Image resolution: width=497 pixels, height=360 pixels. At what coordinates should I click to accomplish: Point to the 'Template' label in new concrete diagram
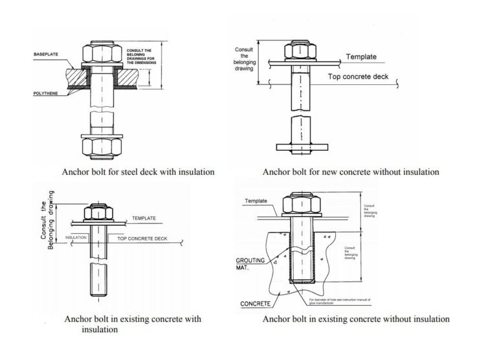[361, 57]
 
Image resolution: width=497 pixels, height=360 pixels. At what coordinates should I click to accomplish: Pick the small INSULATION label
[76, 238]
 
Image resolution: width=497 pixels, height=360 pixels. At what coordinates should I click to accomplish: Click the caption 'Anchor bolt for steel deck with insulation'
[138, 172]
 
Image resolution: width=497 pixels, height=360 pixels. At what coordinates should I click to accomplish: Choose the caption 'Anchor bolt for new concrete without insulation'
[351, 172]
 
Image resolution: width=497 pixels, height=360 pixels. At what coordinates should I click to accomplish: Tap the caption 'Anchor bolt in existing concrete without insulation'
[356, 319]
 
